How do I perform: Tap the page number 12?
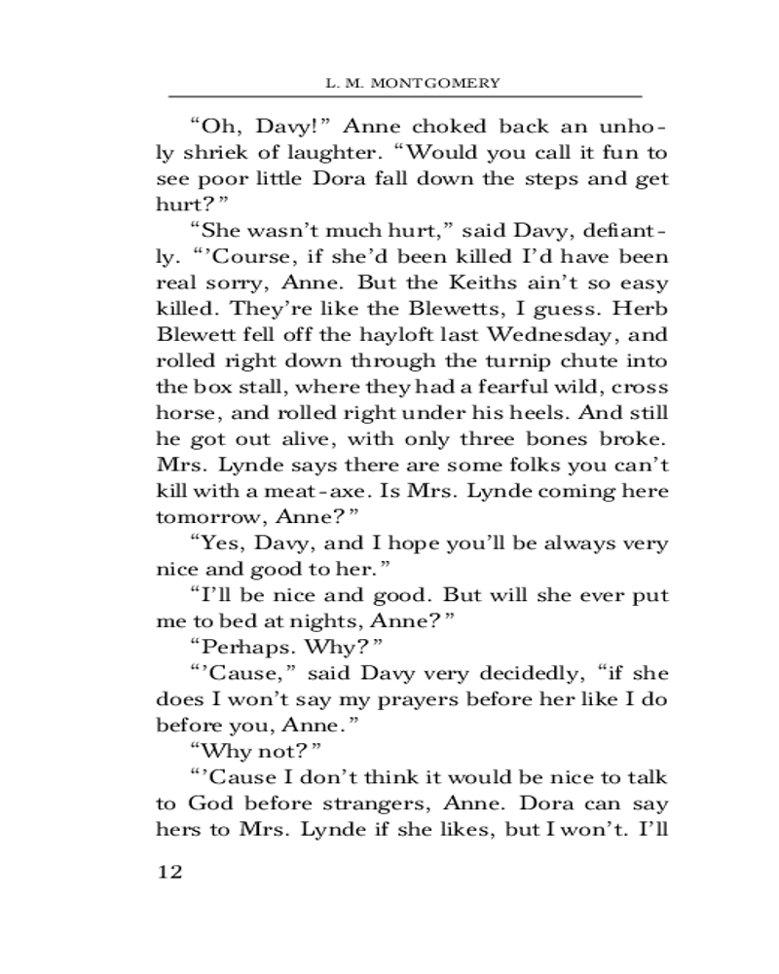pos(169,870)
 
